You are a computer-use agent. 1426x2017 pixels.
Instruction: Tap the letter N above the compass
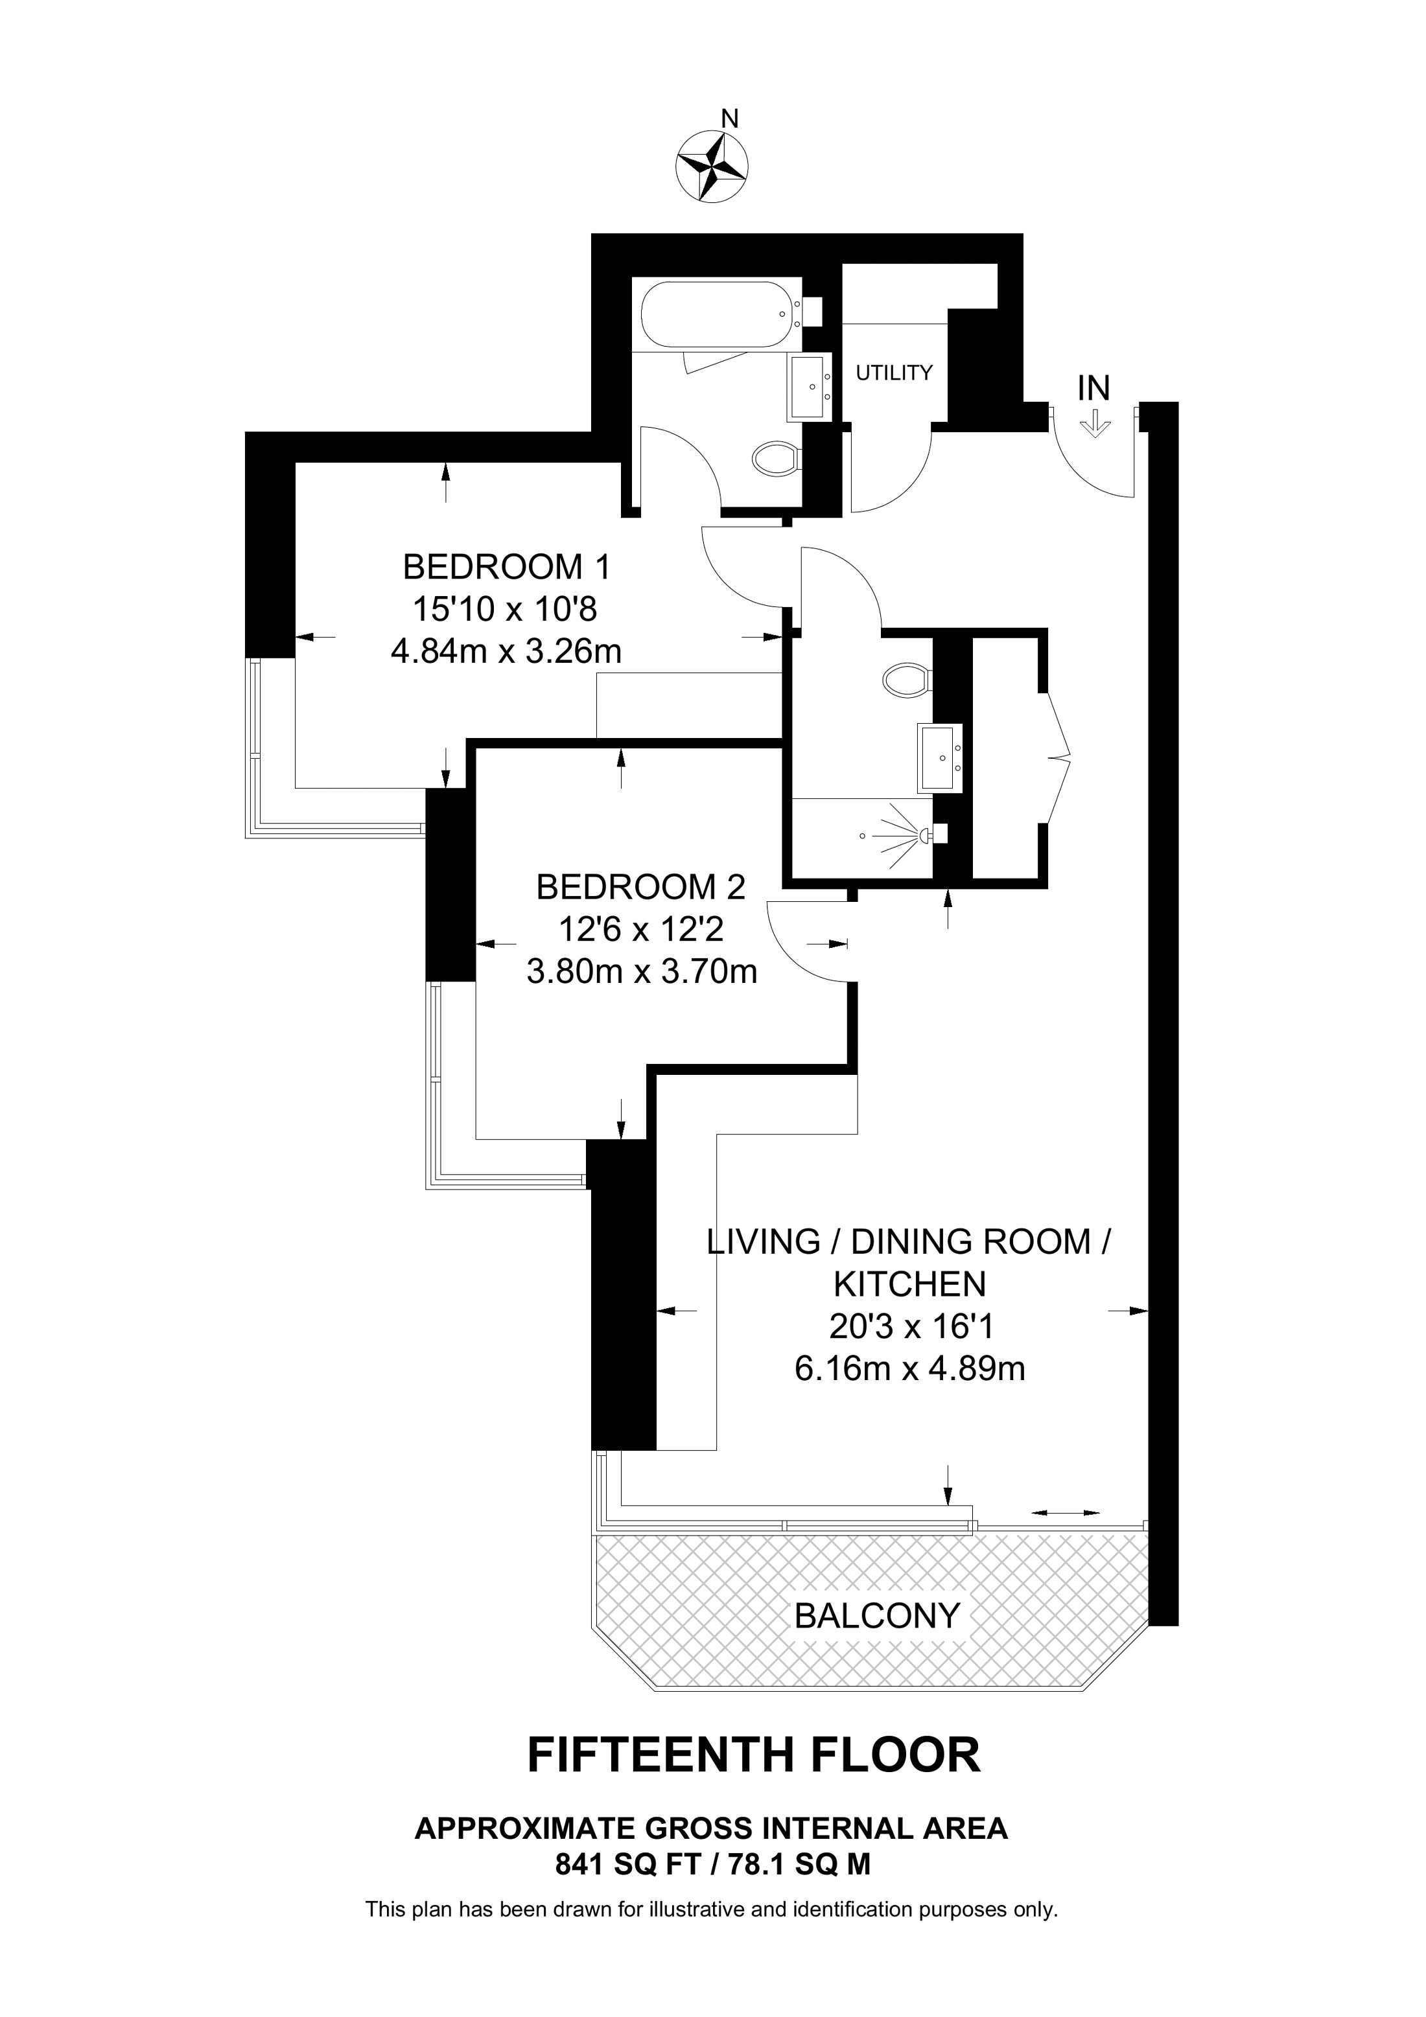(x=729, y=118)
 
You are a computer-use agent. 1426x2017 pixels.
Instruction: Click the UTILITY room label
(x=894, y=373)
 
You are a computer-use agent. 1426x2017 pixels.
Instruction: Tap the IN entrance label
(x=1094, y=387)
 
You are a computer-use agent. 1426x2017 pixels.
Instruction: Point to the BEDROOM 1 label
(x=506, y=568)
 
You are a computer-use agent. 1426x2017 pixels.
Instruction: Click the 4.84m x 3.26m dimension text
(x=506, y=652)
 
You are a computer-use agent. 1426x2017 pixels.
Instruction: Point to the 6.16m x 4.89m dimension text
(x=909, y=1368)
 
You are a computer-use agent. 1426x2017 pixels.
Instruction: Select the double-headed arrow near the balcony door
(x=1065, y=1513)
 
